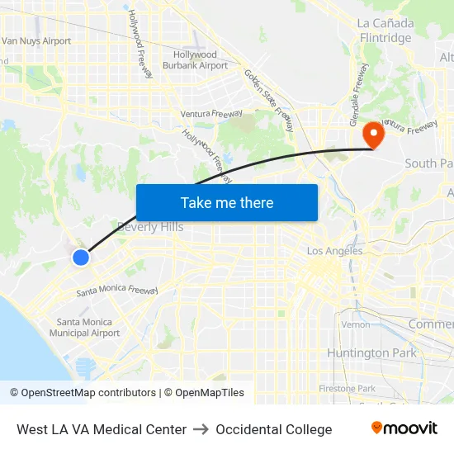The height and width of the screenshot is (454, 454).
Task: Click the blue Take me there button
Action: (226, 202)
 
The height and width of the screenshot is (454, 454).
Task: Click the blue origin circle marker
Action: (81, 258)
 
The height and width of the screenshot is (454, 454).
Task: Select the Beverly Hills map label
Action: (150, 227)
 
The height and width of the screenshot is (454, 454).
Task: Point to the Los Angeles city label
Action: (334, 251)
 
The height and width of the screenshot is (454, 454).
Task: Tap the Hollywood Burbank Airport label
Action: (195, 60)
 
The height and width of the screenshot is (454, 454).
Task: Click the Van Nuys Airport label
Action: (36, 40)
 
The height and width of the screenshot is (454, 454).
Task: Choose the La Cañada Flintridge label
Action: (385, 31)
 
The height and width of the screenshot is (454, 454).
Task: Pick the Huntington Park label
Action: (371, 353)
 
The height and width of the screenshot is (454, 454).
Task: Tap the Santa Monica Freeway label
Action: (116, 291)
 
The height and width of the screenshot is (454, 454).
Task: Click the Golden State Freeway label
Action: (268, 100)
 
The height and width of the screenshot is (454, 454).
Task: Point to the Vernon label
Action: (356, 324)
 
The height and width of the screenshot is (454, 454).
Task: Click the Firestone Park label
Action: (347, 388)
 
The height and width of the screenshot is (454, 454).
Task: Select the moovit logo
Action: (404, 428)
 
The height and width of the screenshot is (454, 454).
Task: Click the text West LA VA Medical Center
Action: (102, 429)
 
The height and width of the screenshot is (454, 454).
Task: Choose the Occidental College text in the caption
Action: (274, 429)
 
